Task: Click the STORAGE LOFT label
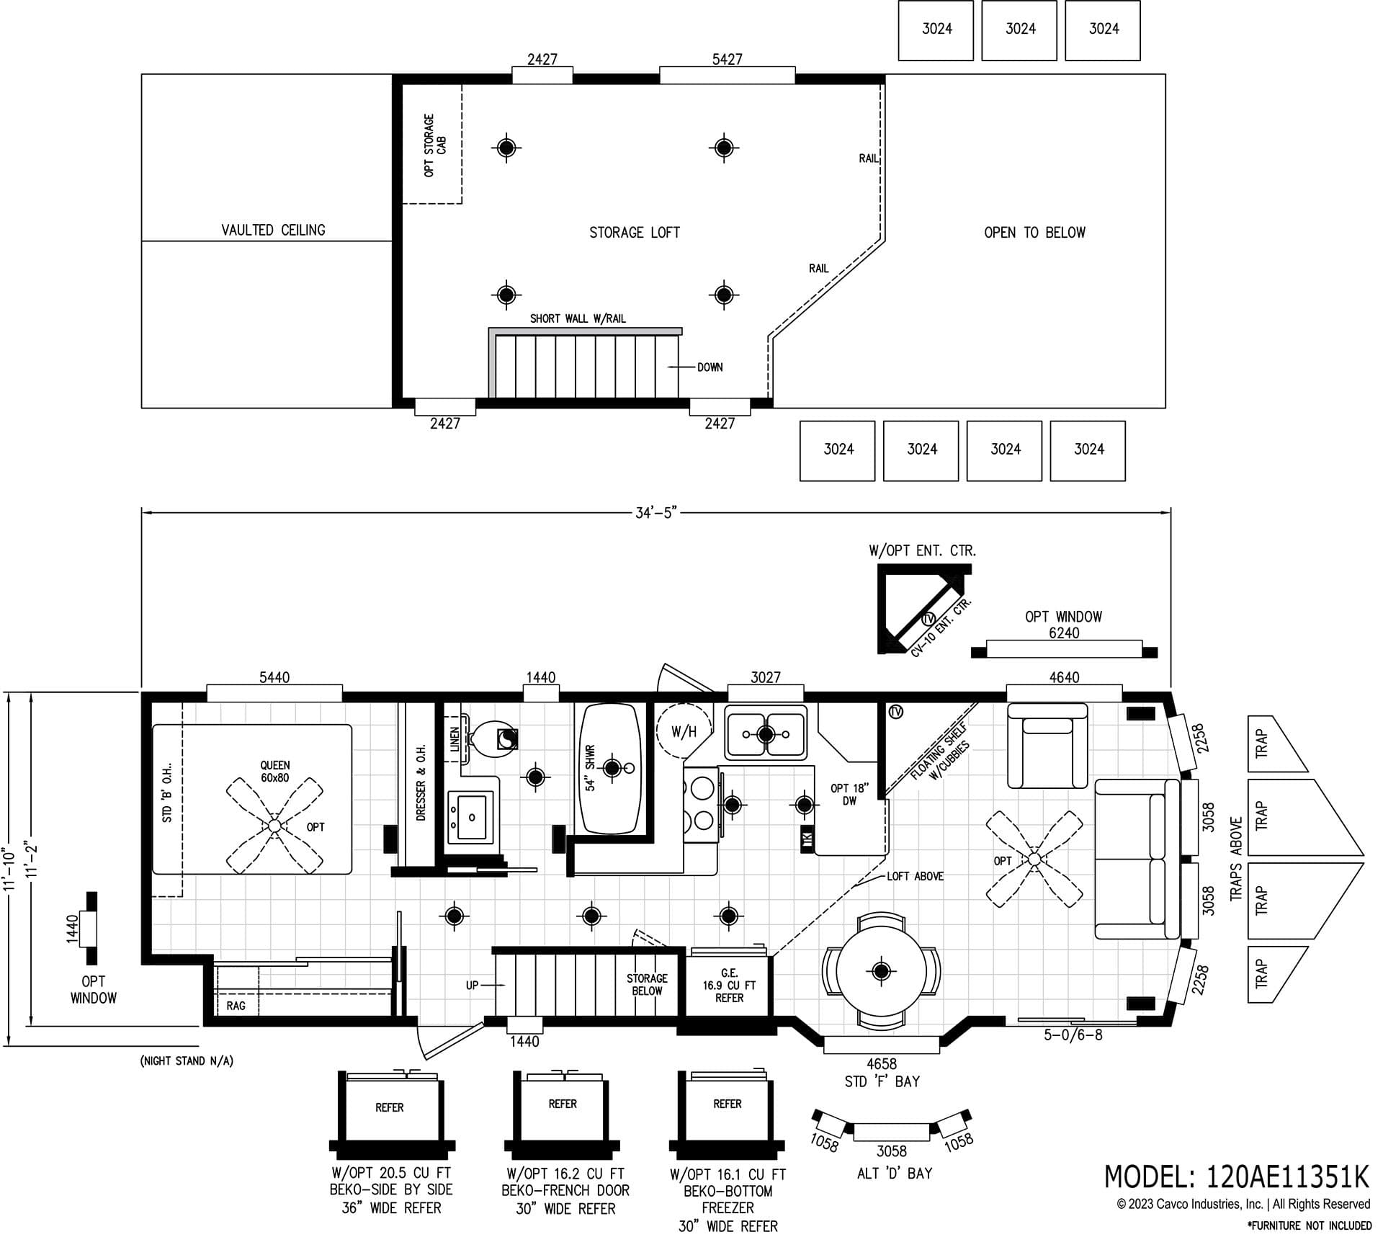(634, 233)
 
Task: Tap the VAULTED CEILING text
(273, 230)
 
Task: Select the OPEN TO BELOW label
(1034, 233)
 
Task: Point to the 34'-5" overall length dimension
(656, 513)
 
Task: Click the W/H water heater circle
(683, 732)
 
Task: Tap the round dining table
(881, 970)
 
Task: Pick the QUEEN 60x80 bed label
(274, 772)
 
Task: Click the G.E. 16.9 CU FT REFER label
(729, 986)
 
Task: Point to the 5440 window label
(274, 677)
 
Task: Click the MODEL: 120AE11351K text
(1236, 1176)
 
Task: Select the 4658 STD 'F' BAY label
(882, 1072)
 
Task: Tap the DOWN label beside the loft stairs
(709, 367)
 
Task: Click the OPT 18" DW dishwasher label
(849, 794)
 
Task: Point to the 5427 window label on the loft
(727, 59)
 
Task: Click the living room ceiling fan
(1034, 859)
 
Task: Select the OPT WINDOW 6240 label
(1063, 625)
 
